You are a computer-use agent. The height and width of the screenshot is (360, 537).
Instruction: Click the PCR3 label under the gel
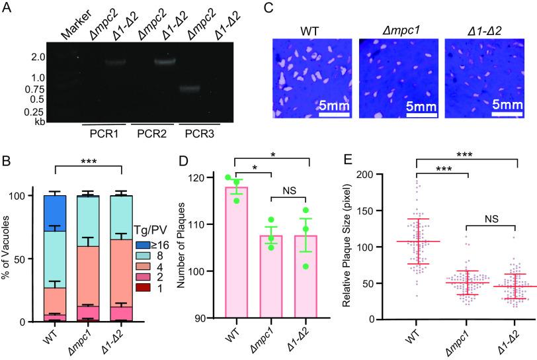click(199, 133)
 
